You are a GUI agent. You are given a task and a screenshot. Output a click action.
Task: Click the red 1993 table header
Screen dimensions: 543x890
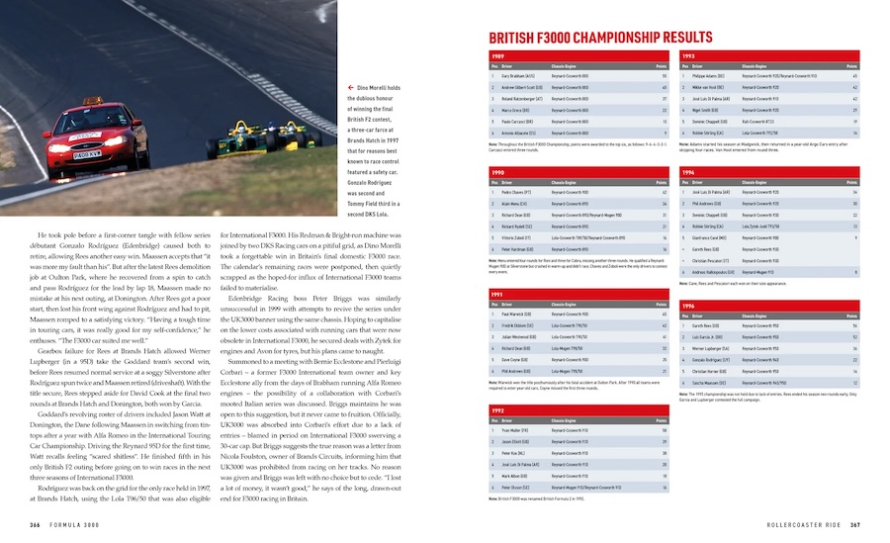click(x=769, y=56)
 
